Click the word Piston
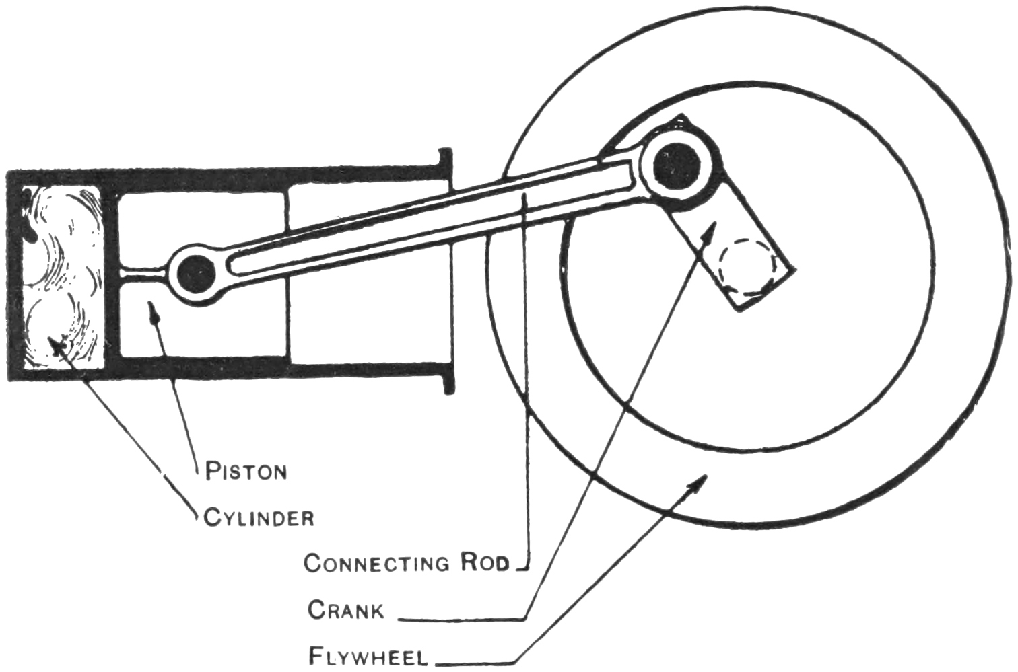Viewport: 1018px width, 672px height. point(246,470)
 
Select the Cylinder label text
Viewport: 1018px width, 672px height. point(259,518)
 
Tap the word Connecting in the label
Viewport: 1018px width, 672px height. point(376,562)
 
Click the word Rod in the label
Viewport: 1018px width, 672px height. point(485,562)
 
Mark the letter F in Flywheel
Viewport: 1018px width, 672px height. point(314,655)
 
